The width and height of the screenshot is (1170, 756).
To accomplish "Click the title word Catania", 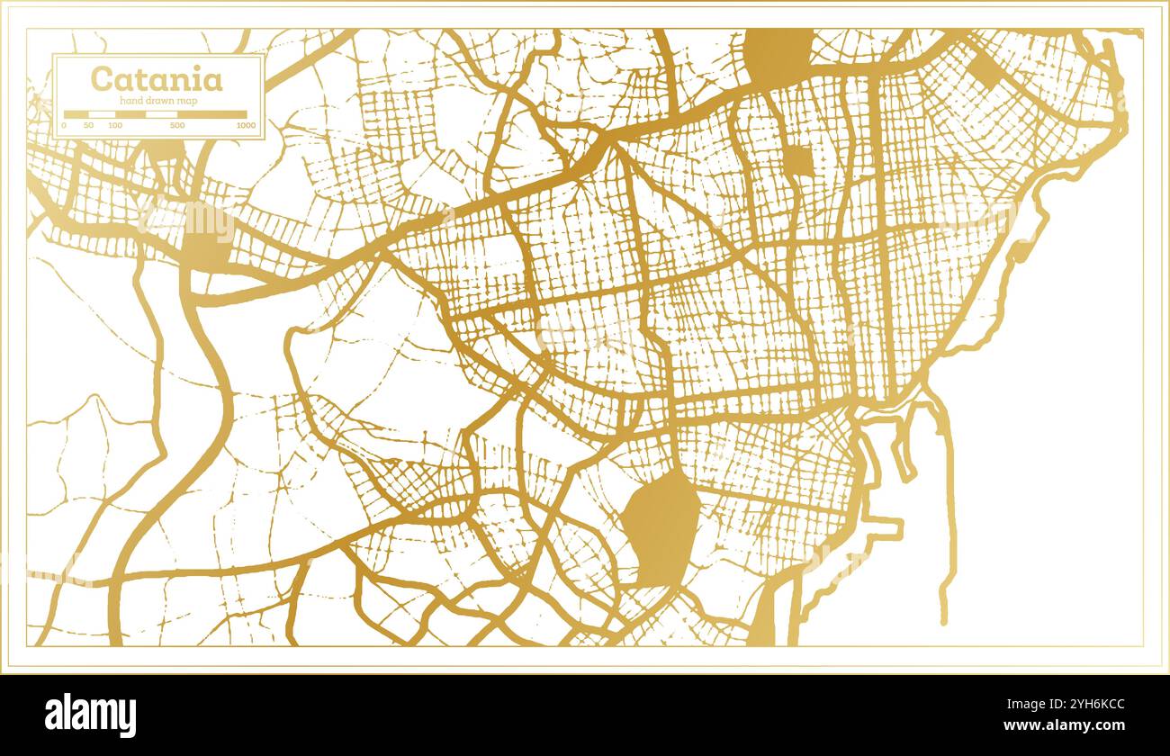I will [157, 79].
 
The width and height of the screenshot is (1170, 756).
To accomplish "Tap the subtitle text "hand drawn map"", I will [157, 101].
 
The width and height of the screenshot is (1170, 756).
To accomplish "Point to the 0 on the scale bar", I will [63, 125].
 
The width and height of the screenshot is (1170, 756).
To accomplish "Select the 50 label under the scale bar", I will [88, 125].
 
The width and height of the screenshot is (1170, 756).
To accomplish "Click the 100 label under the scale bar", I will [115, 125].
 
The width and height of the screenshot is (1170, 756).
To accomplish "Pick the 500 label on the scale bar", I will [177, 125].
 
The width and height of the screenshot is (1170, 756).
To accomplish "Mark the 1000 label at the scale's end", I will [245, 125].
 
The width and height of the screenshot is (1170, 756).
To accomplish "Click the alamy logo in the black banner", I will [91, 715].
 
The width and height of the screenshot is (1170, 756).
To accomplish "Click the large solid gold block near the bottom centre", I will [661, 526].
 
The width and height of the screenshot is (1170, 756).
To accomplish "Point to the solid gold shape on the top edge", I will [778, 54].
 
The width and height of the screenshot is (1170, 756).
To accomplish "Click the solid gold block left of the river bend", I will [207, 241].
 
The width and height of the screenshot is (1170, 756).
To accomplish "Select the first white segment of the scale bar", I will [102, 114].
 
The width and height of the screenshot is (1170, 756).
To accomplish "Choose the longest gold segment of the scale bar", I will [211, 114].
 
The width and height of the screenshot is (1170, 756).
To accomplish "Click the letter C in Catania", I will [101, 79].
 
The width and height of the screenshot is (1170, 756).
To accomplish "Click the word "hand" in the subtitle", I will [131, 101].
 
